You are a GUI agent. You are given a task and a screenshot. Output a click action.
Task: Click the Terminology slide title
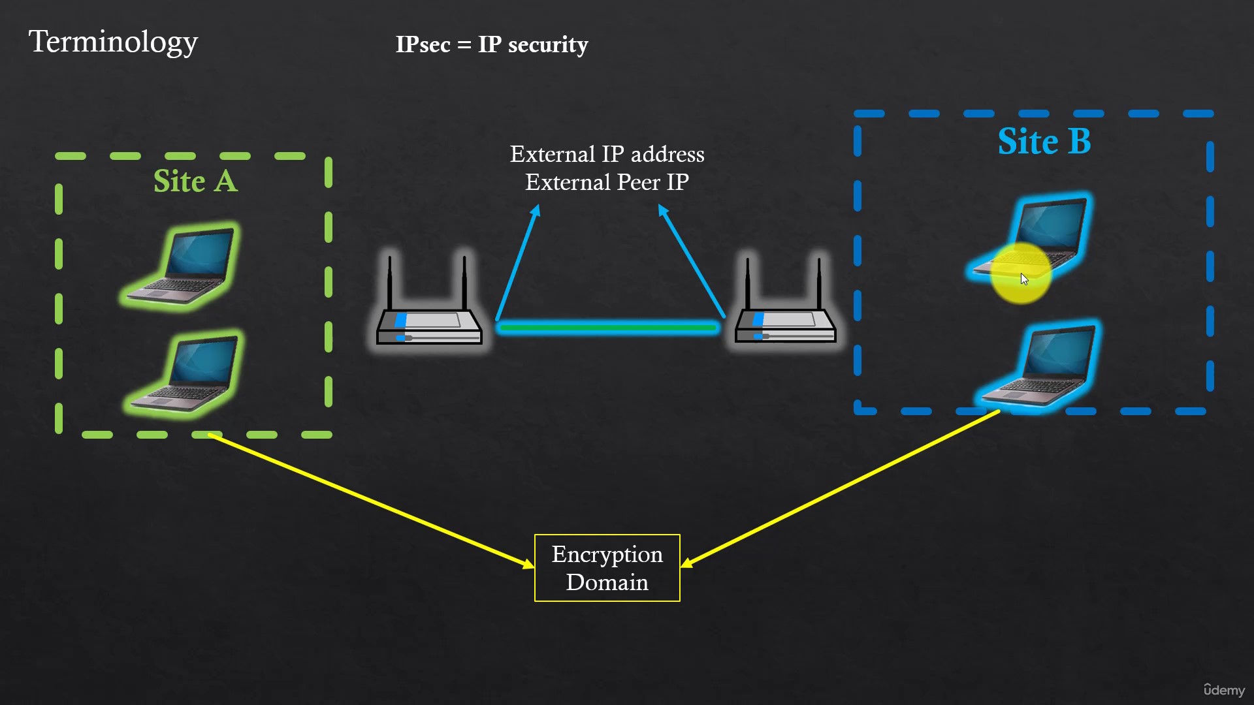[113, 42]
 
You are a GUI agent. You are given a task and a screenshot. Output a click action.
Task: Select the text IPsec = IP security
[492, 44]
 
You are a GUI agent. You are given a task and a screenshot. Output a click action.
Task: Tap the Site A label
[195, 181]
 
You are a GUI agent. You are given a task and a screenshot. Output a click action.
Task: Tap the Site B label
[1044, 141]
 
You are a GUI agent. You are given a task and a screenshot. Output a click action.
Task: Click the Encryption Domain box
[607, 568]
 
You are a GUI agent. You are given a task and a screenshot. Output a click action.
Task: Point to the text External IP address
[607, 154]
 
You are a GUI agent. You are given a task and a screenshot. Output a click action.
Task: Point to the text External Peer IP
[607, 182]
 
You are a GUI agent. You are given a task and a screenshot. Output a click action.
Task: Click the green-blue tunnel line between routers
[607, 327]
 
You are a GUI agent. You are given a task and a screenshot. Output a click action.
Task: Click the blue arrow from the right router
[692, 261]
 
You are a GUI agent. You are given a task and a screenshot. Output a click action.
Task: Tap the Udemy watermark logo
[1224, 690]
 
